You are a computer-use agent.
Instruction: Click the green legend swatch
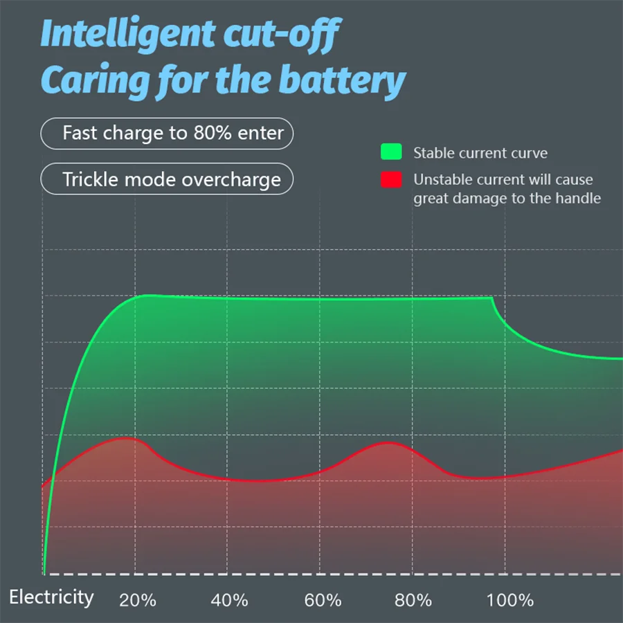(x=391, y=152)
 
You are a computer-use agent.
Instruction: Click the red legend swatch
(x=391, y=180)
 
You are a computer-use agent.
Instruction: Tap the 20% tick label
(x=138, y=599)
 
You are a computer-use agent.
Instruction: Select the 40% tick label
(x=229, y=599)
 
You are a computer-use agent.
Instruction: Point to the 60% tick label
(x=323, y=599)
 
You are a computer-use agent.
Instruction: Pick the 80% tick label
(x=414, y=599)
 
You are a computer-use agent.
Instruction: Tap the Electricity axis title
(x=51, y=597)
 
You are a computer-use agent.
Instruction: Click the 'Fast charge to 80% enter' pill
(x=167, y=133)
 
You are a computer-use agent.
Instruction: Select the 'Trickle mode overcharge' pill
(x=167, y=179)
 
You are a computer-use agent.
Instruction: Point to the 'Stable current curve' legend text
(x=480, y=153)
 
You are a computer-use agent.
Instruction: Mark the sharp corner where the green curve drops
(x=492, y=298)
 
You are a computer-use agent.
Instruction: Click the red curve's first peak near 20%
(x=125, y=438)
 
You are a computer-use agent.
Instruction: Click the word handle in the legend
(x=578, y=198)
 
